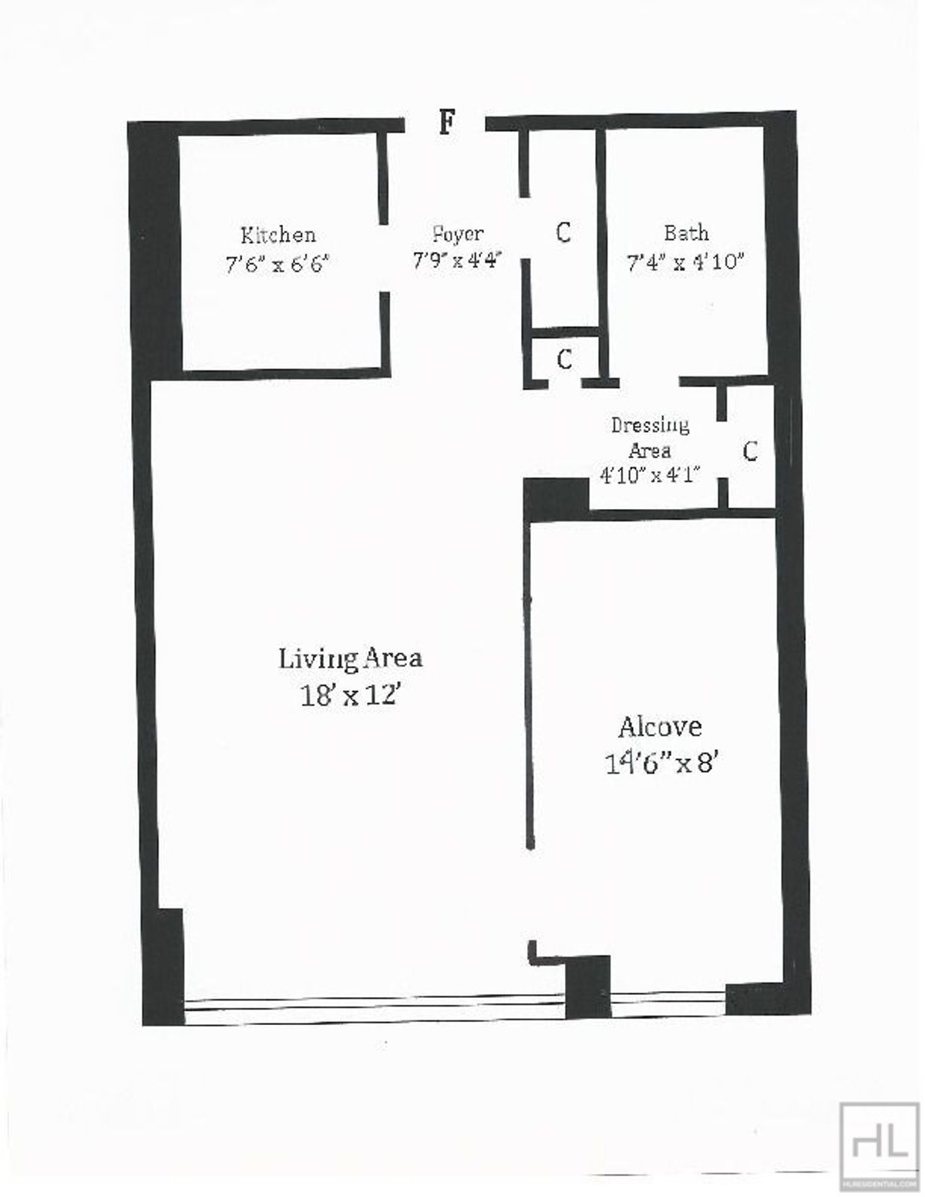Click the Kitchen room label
(x=277, y=234)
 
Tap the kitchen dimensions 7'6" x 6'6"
(x=277, y=265)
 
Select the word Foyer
(x=458, y=233)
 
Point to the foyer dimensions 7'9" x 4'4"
(x=458, y=260)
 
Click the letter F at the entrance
(x=446, y=123)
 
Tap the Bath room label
(x=686, y=232)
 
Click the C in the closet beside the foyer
(x=563, y=231)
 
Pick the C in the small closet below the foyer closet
(x=564, y=359)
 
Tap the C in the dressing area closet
(x=750, y=451)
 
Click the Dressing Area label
(x=650, y=437)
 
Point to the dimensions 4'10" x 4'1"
(x=649, y=475)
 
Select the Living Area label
(x=350, y=659)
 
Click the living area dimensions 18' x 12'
(x=351, y=696)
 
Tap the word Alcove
(x=660, y=727)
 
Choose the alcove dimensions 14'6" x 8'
(x=661, y=764)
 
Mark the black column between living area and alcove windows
(x=588, y=988)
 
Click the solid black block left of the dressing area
(x=556, y=498)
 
